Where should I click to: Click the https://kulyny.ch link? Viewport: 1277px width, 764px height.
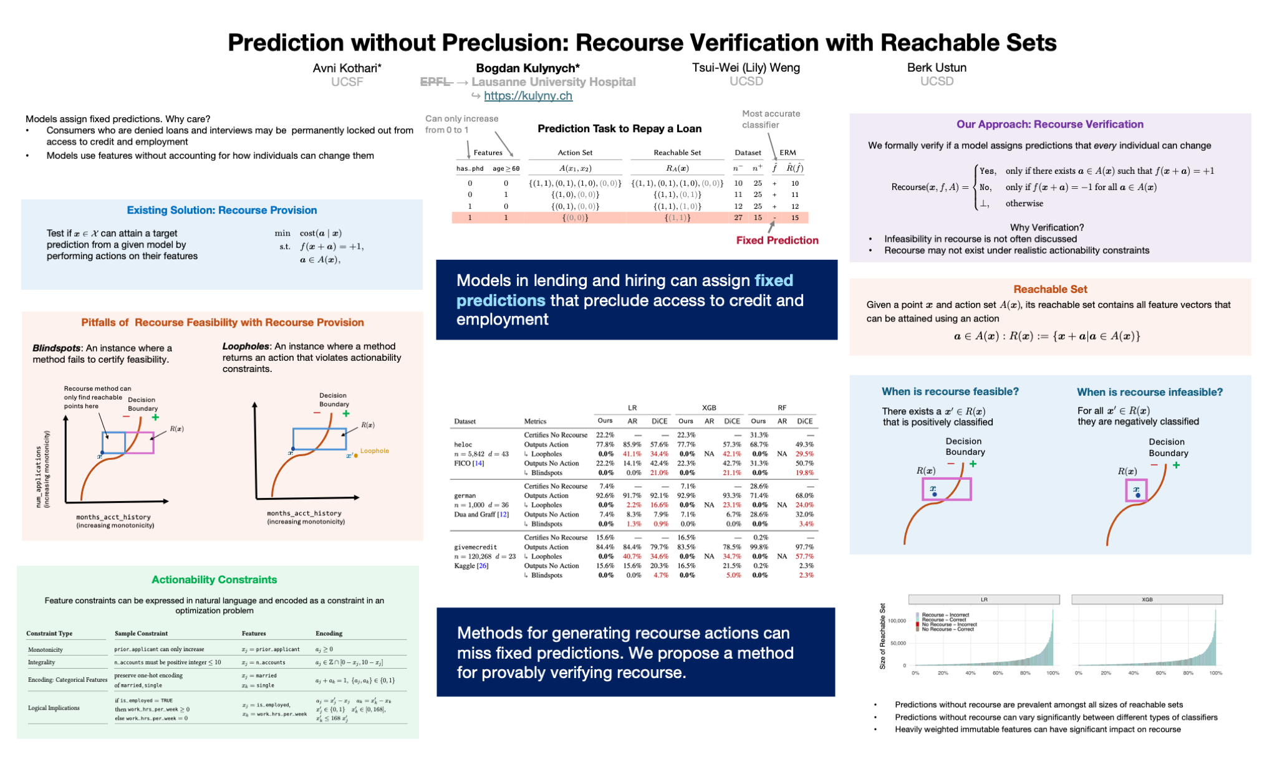pos(528,96)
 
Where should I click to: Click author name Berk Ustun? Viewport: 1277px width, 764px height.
pos(937,68)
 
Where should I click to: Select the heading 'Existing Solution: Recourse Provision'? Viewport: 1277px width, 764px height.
pos(221,211)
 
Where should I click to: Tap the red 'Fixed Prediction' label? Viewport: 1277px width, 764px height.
pos(777,241)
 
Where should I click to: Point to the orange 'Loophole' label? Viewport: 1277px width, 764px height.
pos(374,451)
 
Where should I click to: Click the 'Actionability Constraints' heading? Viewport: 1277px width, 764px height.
pos(214,580)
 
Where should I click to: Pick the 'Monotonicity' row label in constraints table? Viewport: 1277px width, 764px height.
pos(46,649)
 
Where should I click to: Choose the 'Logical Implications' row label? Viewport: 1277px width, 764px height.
pos(54,708)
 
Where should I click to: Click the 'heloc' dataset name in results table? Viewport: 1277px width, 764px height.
pos(463,445)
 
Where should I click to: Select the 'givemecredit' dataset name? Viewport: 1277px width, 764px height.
pos(476,547)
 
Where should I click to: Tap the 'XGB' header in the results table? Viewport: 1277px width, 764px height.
pos(709,408)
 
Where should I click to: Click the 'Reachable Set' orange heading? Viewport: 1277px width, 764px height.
pos(1050,289)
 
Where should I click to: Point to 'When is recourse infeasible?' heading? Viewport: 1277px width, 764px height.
pos(1150,392)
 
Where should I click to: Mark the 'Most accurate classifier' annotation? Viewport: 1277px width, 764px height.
pos(771,119)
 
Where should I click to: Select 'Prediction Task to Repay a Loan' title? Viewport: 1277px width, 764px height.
pos(619,129)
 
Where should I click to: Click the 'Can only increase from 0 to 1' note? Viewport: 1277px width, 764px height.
pos(461,124)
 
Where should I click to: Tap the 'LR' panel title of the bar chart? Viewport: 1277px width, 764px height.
pos(984,599)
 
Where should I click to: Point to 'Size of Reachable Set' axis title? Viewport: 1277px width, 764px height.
pos(882,636)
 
